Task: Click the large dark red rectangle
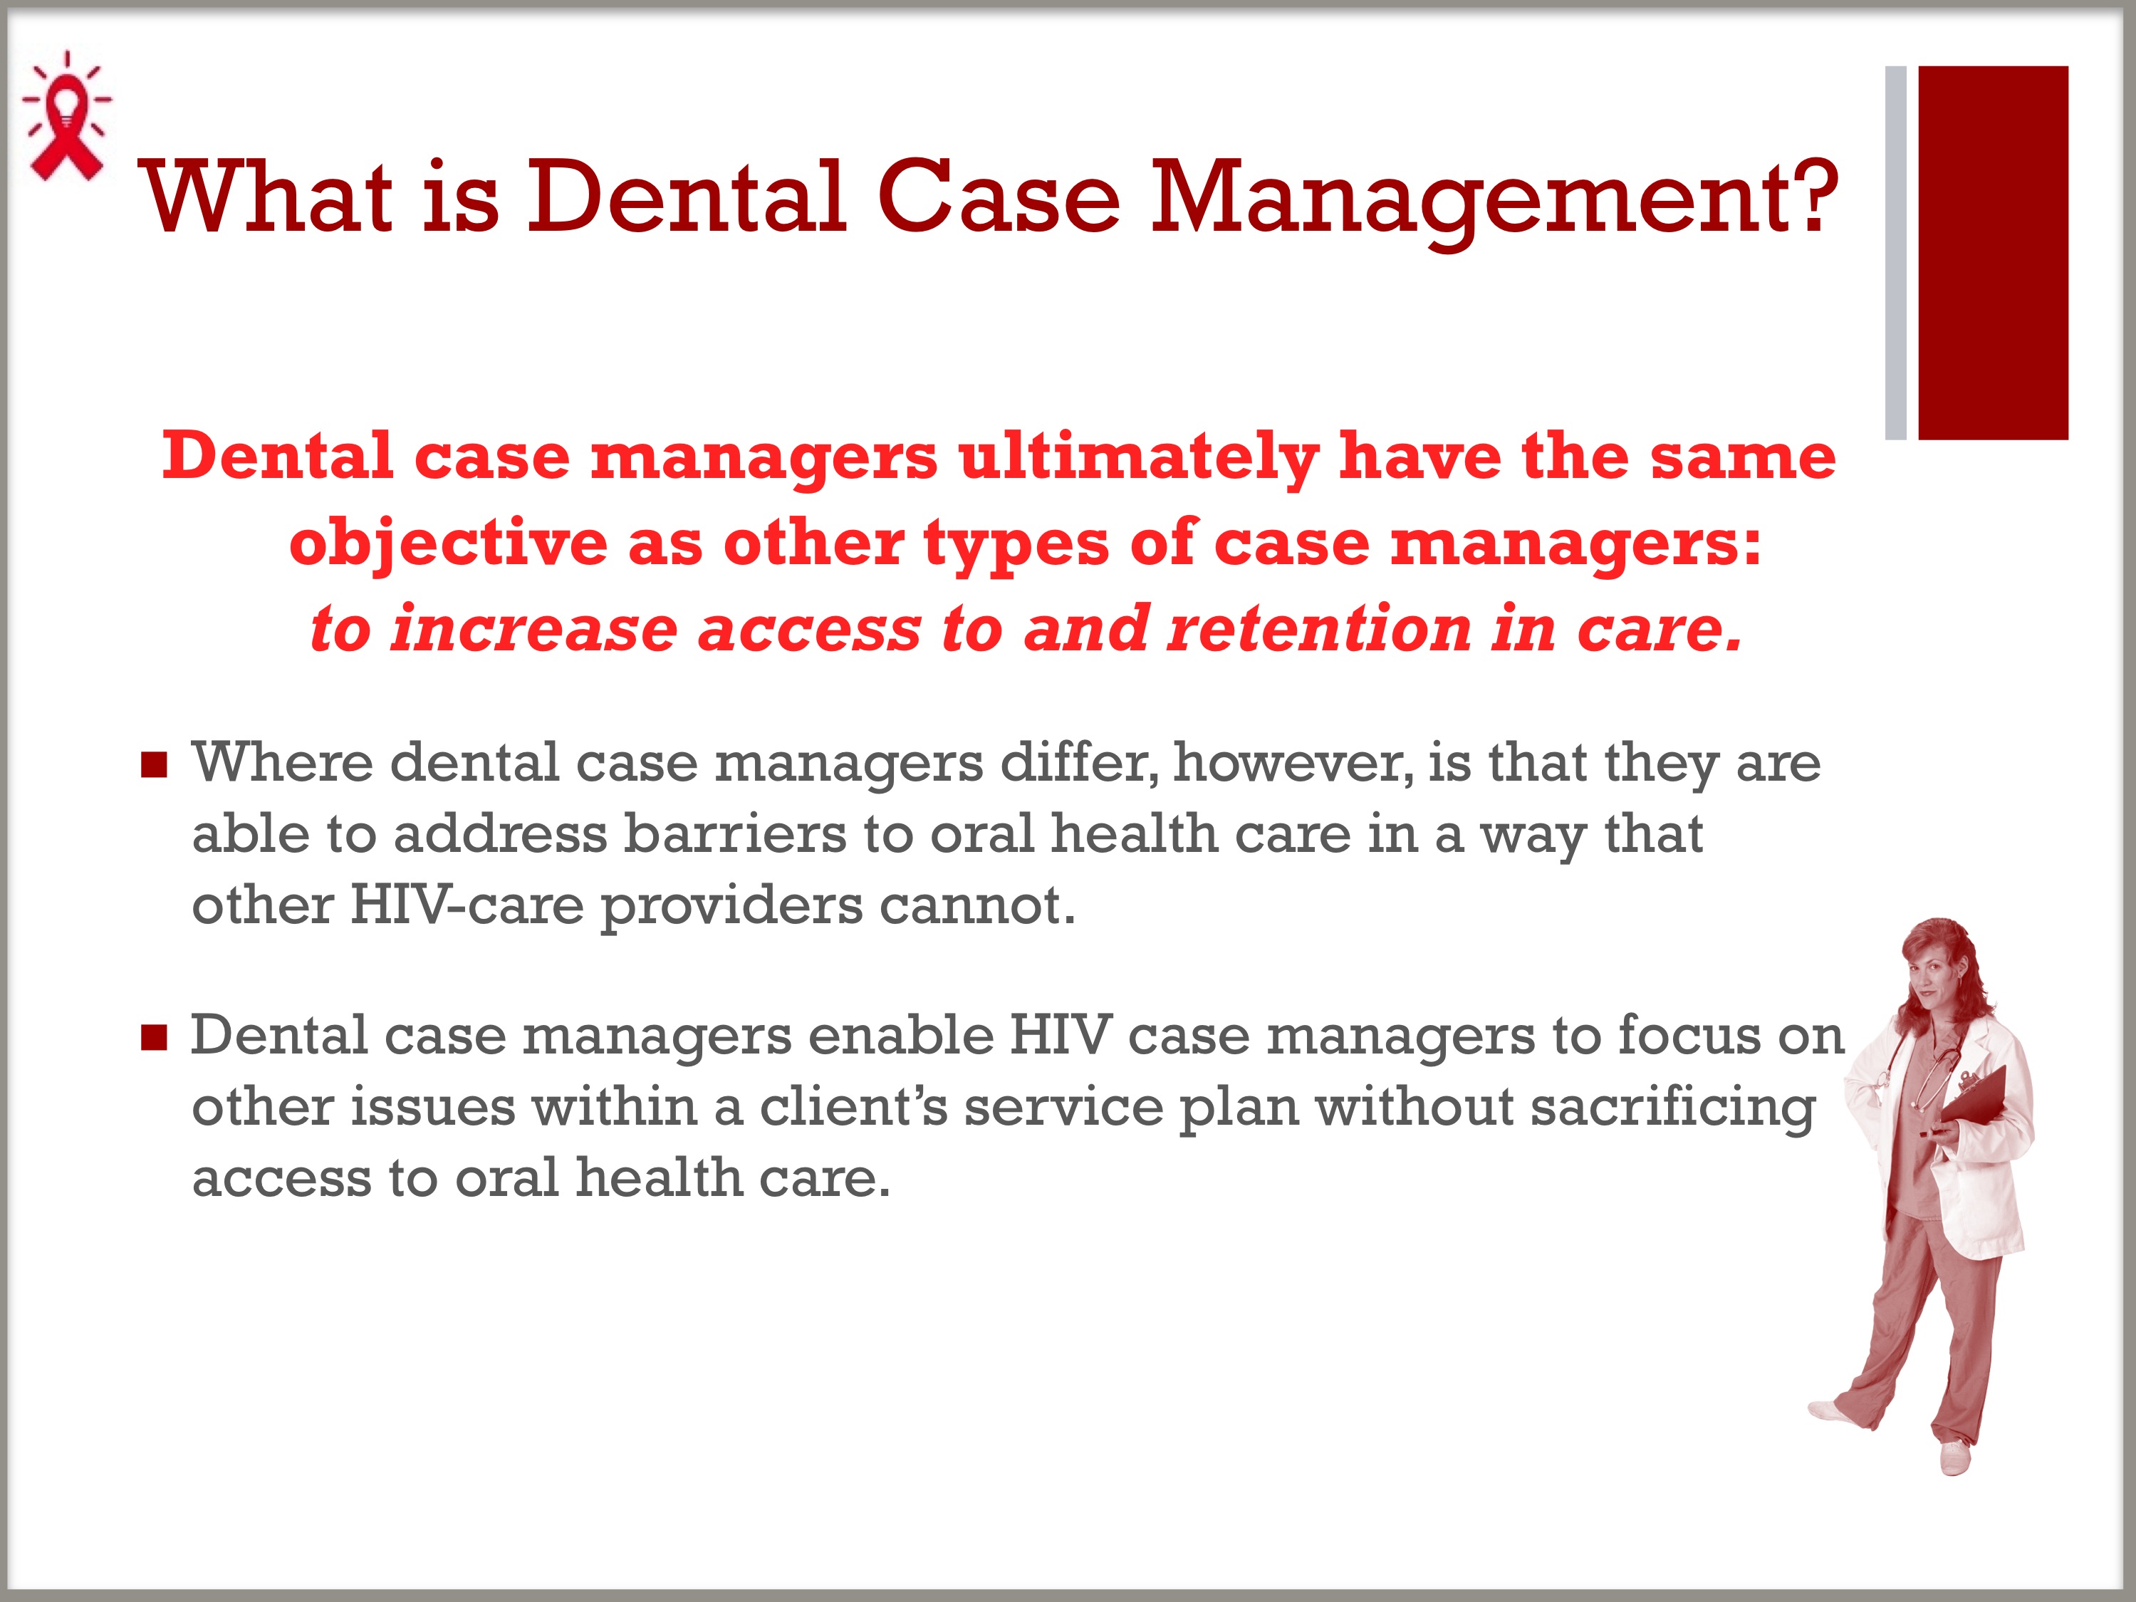[1992, 253]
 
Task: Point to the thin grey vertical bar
[1895, 253]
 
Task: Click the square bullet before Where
[155, 766]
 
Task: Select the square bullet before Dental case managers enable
[155, 1038]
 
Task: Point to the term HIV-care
[467, 906]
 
